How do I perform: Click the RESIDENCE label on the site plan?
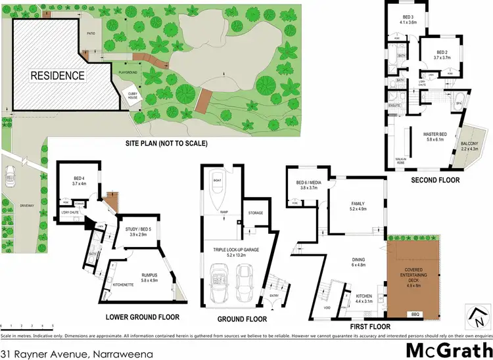tap(58, 76)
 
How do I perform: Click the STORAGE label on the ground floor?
tap(255, 213)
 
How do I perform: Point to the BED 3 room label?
tap(408, 18)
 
